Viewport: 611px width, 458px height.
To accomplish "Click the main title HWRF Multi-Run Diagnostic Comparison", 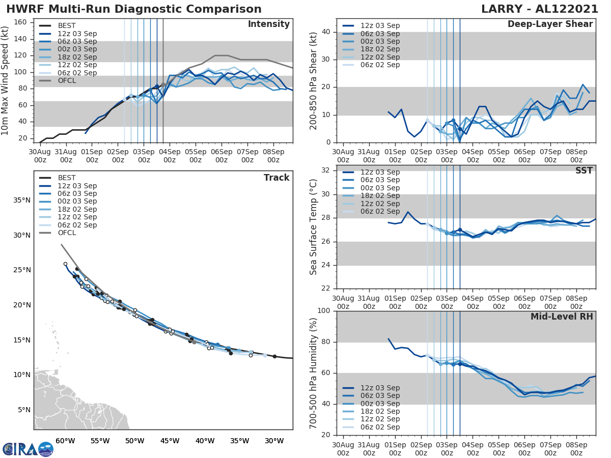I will pos(134,9).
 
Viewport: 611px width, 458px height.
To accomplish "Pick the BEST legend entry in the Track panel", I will pos(67,178).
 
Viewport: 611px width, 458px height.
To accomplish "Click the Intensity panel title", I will pos(268,24).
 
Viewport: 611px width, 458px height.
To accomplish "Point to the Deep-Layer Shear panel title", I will pos(550,24).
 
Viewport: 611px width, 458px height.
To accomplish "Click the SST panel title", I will pos(584,170).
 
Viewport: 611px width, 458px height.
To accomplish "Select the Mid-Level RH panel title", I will pos(562,317).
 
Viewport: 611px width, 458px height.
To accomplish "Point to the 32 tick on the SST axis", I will pos(327,170).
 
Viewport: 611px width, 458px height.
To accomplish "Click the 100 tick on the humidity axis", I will pos(325,311).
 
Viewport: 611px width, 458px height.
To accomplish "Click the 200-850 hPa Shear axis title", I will pos(314,80).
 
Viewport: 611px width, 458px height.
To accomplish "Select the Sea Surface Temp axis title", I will pos(314,227).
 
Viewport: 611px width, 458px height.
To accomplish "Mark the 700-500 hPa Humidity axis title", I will pos(314,373).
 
